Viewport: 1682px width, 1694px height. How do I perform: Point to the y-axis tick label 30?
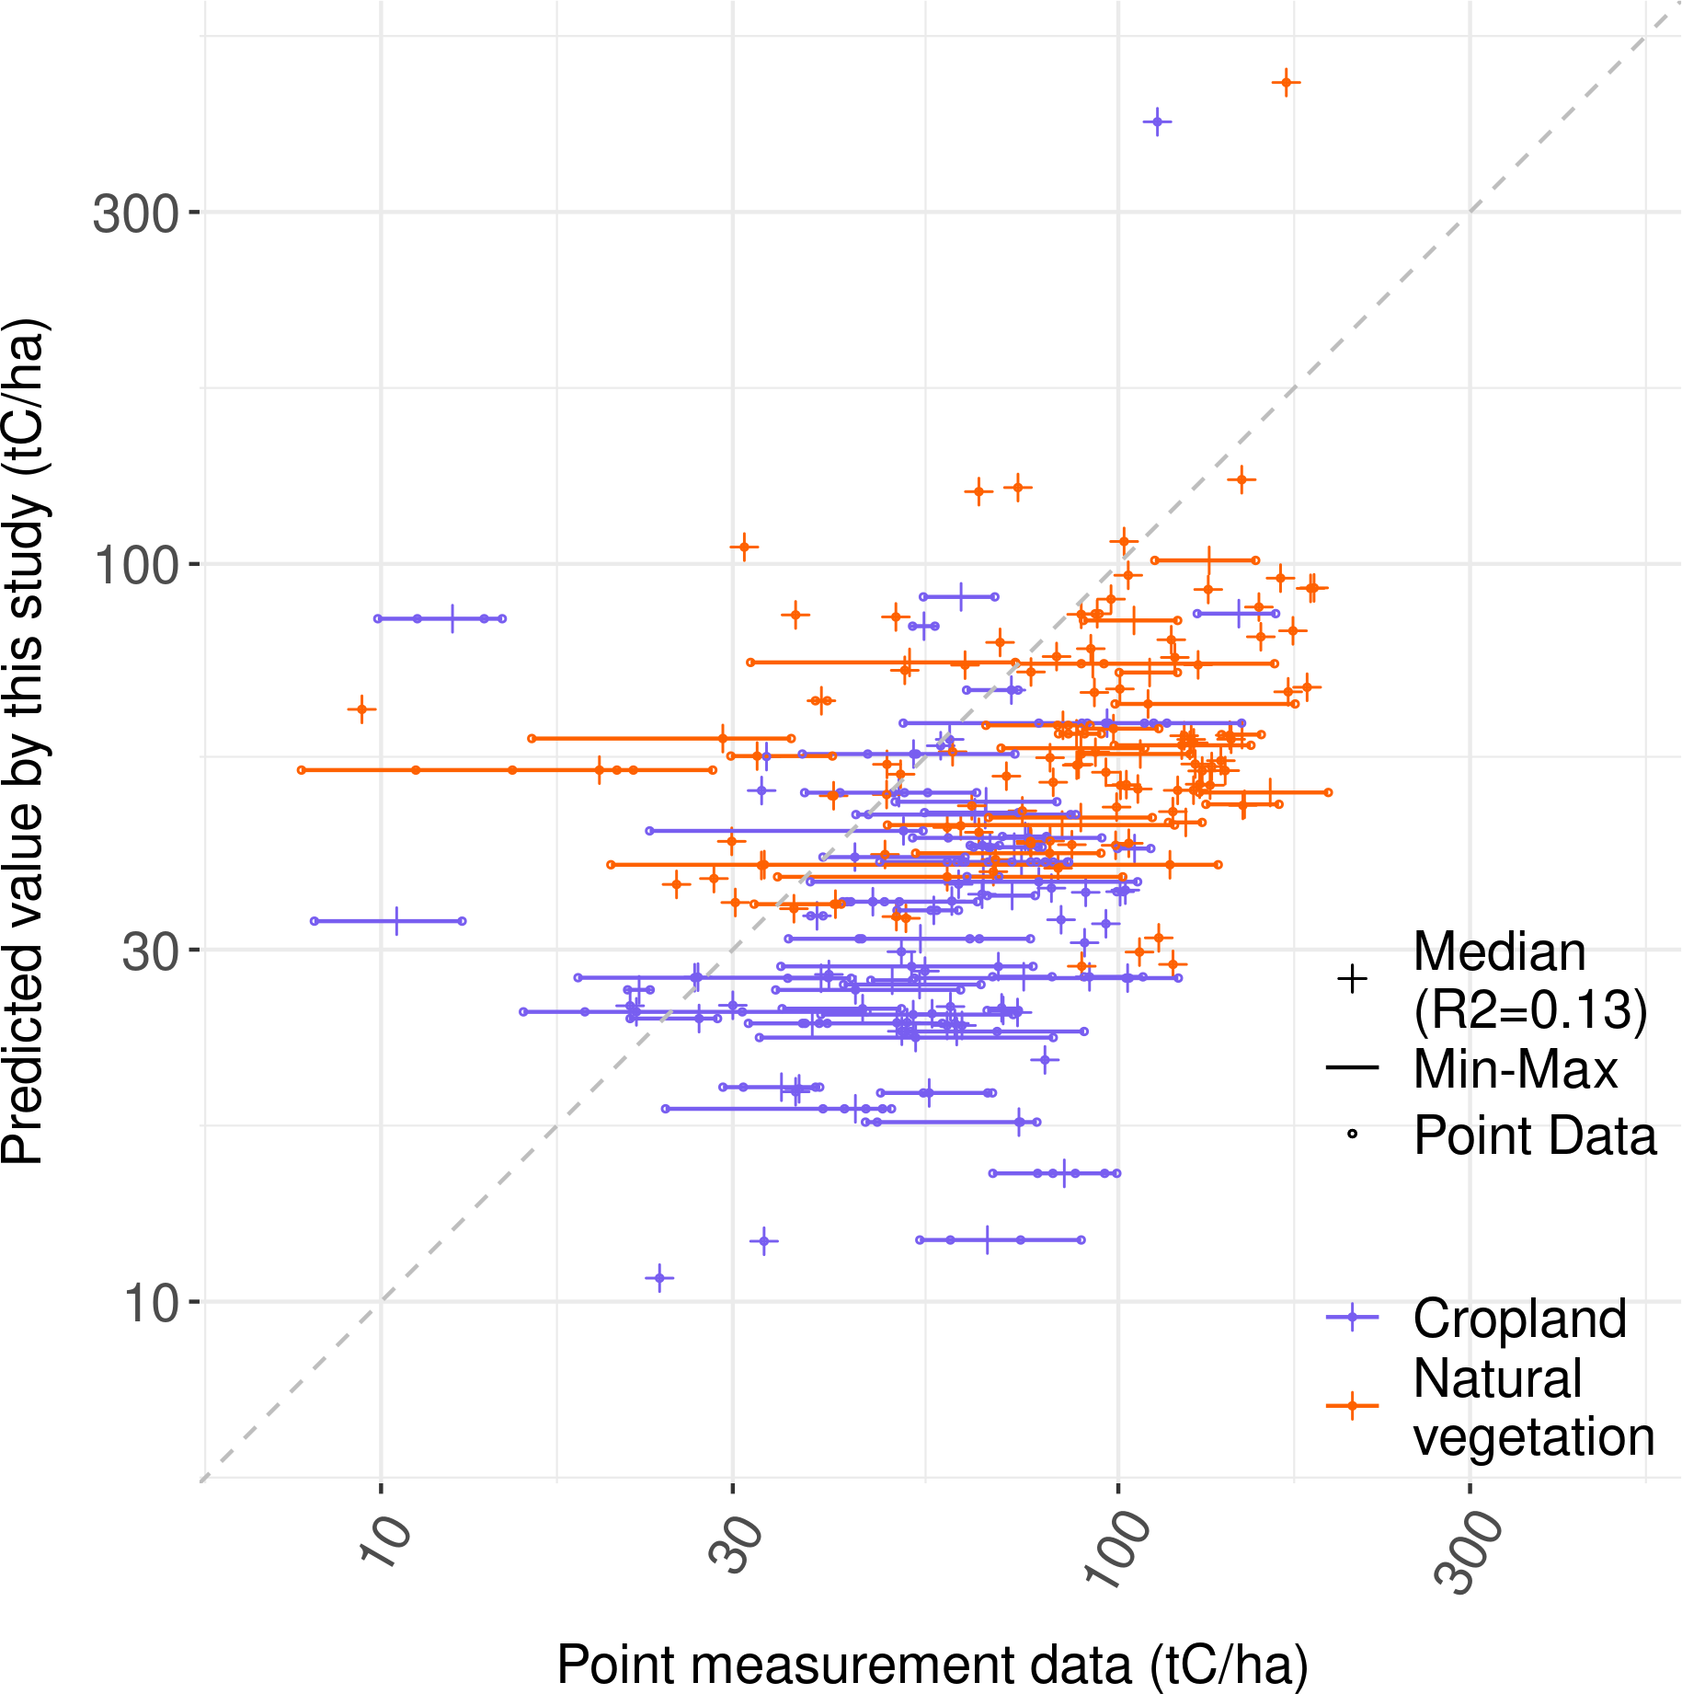(x=149, y=951)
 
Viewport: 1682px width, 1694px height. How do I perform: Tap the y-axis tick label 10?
(x=149, y=1303)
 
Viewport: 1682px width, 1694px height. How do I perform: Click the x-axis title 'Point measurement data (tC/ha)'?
(x=933, y=1664)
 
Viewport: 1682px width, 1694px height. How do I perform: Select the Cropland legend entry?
(x=1519, y=1319)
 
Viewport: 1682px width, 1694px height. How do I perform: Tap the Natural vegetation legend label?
(x=1532, y=1407)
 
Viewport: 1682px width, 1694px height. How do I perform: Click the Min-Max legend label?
(x=1515, y=1069)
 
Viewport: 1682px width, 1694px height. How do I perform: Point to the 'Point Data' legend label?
(x=1534, y=1135)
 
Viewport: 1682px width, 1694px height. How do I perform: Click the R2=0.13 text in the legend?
(x=1530, y=1009)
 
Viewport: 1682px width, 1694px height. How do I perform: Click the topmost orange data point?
(x=1287, y=83)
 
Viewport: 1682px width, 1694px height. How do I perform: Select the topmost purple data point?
(x=1157, y=121)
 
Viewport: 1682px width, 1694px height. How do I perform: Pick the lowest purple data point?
(x=659, y=1278)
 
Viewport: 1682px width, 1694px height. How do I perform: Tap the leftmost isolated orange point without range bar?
(x=361, y=709)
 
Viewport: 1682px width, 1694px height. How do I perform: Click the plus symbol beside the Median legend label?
(x=1352, y=979)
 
